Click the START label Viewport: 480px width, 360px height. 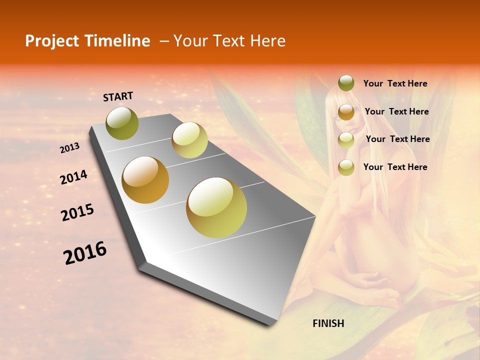pyautogui.click(x=118, y=96)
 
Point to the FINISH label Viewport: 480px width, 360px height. pyautogui.click(x=328, y=323)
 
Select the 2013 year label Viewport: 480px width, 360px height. pyautogui.click(x=70, y=148)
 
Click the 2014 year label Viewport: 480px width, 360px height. pyautogui.click(x=73, y=177)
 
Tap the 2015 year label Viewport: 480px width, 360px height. pyautogui.click(x=77, y=212)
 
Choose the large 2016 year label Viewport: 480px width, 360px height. pyautogui.click(x=85, y=253)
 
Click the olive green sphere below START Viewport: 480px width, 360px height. pyautogui.click(x=122, y=123)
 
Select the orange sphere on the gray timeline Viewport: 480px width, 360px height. pyautogui.click(x=145, y=180)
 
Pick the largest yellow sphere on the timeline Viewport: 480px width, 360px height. pyautogui.click(x=216, y=207)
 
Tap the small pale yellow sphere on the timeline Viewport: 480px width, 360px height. pyautogui.click(x=189, y=140)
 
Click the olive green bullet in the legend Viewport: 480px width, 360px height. pyautogui.click(x=346, y=83)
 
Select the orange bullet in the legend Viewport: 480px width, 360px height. pyautogui.click(x=346, y=112)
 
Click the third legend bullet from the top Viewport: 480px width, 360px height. pyautogui.click(x=346, y=140)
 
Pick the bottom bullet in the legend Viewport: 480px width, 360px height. pyautogui.click(x=346, y=167)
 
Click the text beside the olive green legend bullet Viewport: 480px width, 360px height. pyautogui.click(x=395, y=84)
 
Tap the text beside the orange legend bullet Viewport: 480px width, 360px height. pyautogui.click(x=396, y=111)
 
